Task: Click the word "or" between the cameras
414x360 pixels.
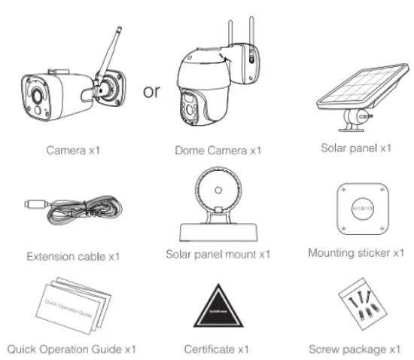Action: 151,92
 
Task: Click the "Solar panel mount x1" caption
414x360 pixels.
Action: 218,254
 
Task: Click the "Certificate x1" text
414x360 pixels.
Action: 218,349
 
